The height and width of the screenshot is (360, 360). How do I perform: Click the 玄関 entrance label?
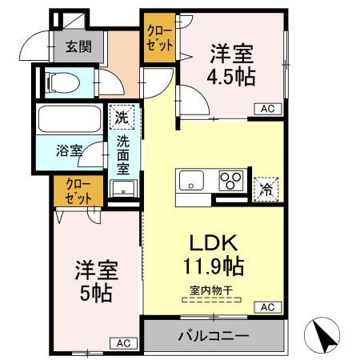pyautogui.click(x=78, y=46)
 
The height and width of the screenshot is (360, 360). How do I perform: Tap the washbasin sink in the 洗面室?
pyautogui.click(x=122, y=190)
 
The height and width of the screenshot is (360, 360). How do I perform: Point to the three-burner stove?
pyautogui.click(x=232, y=180)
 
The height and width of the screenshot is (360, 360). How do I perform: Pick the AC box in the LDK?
pyautogui.click(x=266, y=307)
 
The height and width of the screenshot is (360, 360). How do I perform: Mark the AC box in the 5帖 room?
pyautogui.click(x=124, y=343)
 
